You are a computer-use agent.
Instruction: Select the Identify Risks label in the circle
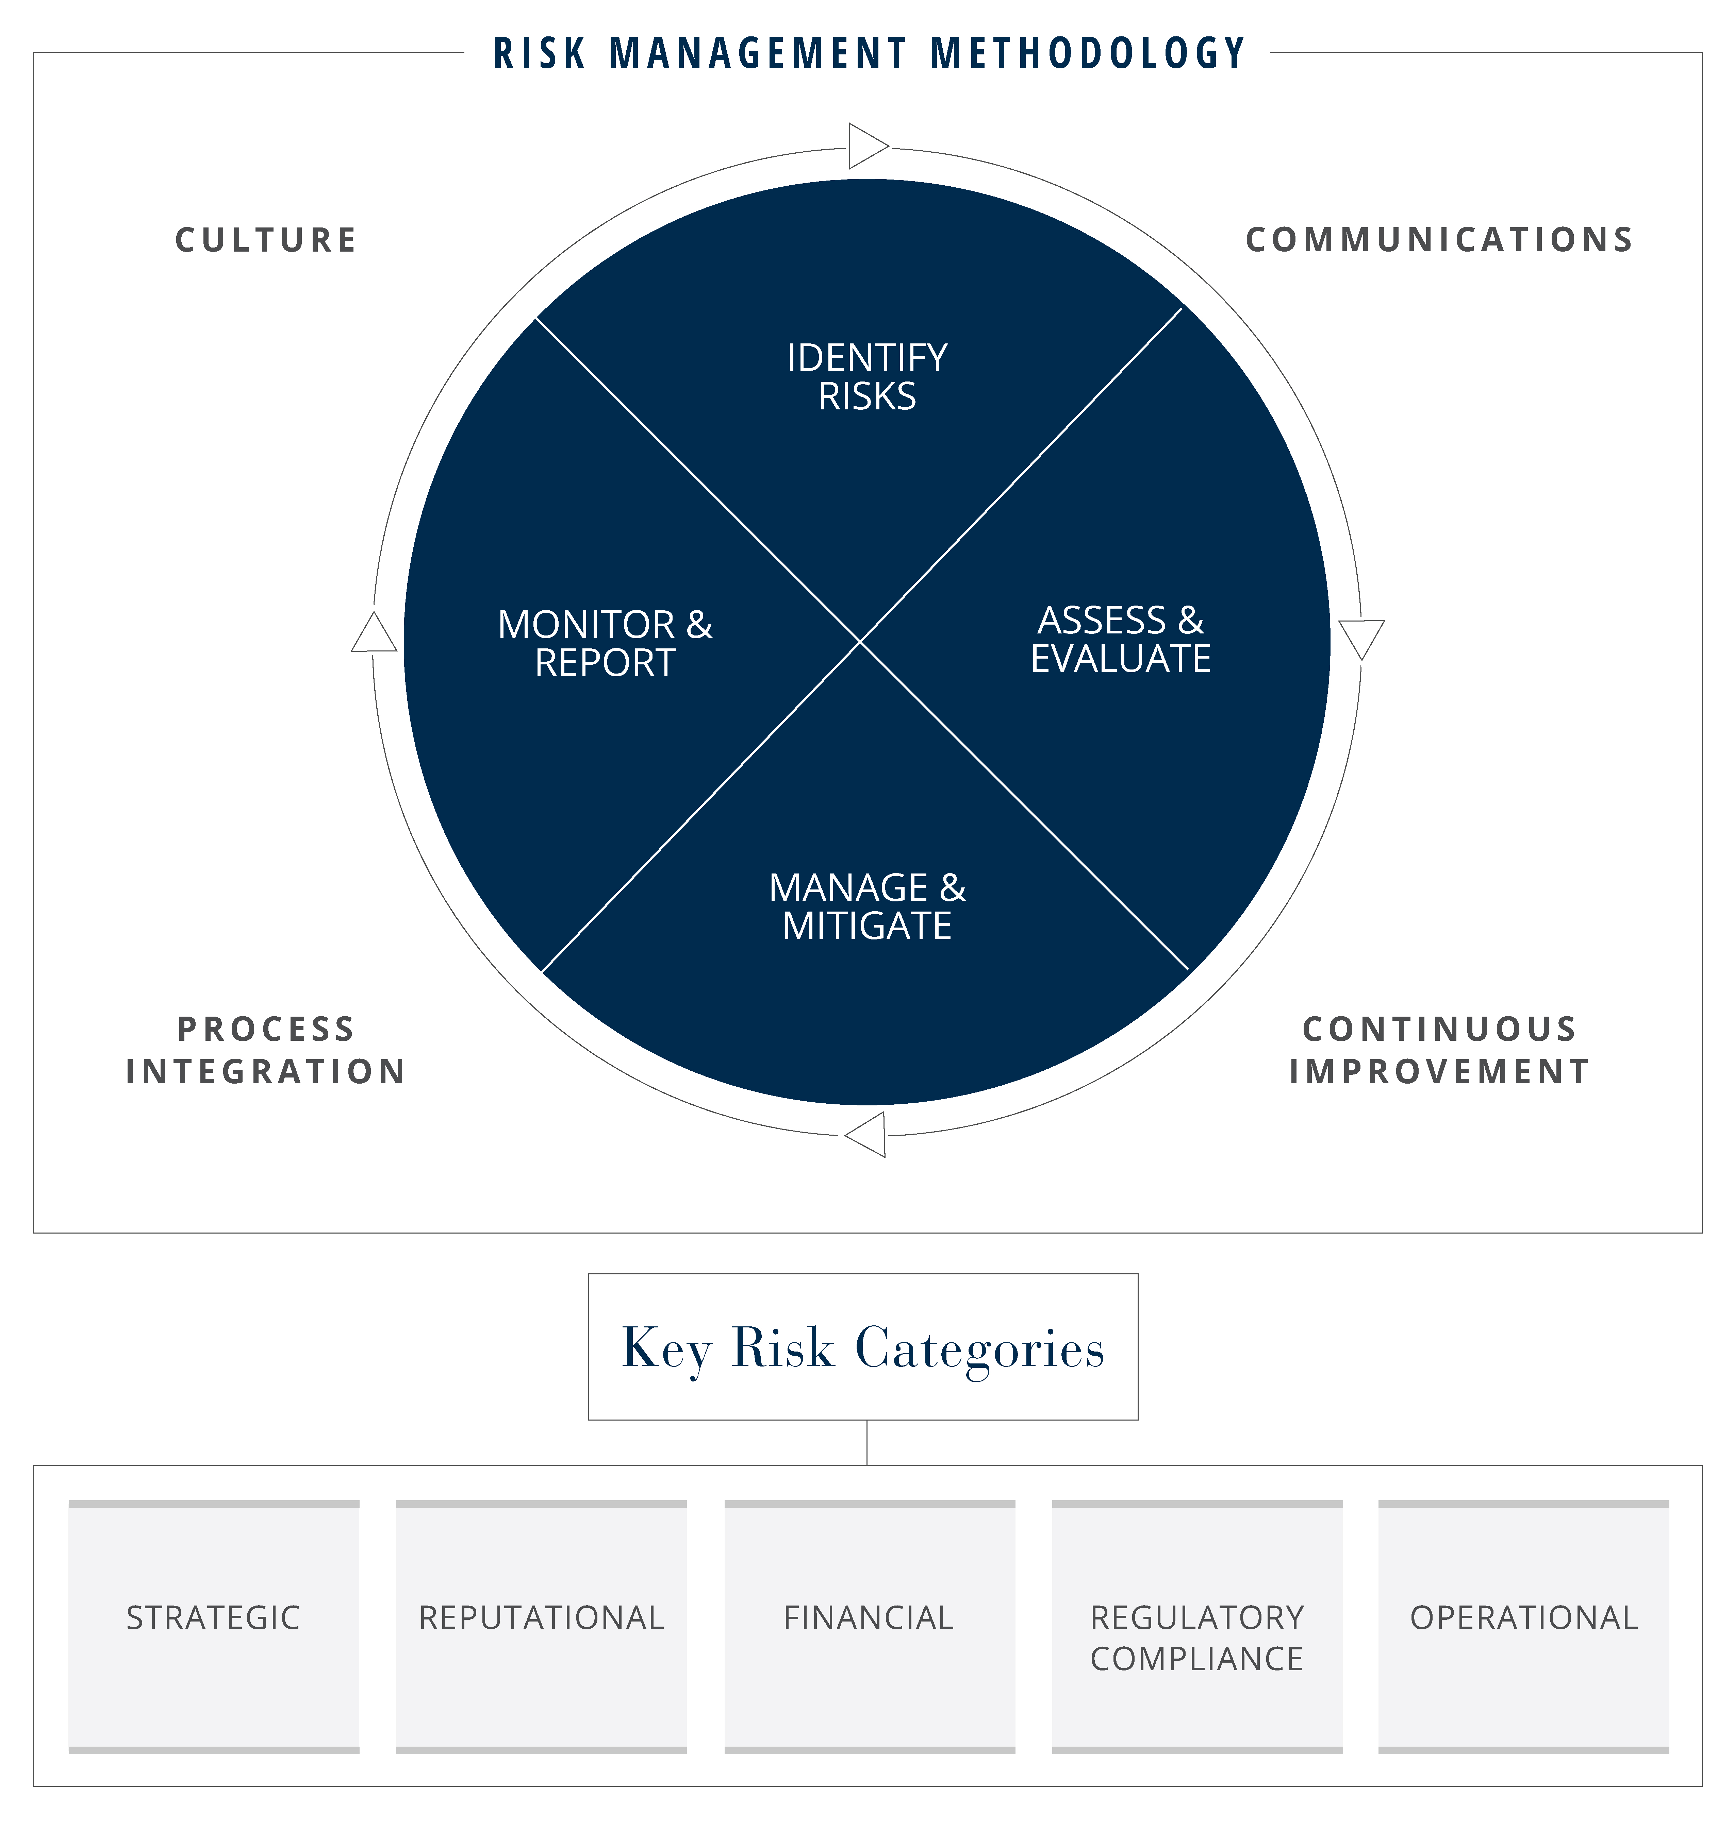[867, 377]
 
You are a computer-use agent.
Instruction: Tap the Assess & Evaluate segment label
[1120, 639]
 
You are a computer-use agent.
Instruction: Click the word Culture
[266, 240]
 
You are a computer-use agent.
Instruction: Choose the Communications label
[1439, 240]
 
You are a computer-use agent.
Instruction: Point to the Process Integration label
[266, 1050]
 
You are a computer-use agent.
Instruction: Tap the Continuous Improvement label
[1439, 1050]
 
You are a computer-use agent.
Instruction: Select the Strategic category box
[214, 1627]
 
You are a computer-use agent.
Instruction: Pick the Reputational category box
[542, 1627]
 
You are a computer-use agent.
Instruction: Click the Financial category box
[870, 1627]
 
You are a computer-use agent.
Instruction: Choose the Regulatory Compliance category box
[1197, 1627]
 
